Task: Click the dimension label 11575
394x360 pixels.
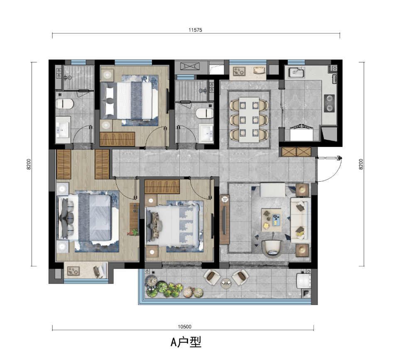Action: pos(195,30)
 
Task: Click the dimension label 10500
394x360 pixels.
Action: pos(184,326)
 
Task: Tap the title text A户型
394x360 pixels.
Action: pos(186,342)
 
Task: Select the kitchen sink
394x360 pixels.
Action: pos(296,72)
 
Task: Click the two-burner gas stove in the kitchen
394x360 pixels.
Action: pos(329,103)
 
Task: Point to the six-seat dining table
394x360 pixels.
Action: pos(249,119)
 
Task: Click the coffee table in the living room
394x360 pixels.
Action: pos(271,220)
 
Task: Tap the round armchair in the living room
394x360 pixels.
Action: pos(273,249)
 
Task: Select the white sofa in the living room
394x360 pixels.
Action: pos(300,220)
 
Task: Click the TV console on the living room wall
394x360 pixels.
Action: pos(224,220)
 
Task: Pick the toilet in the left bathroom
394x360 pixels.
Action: pos(65,104)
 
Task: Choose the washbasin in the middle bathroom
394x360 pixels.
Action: pos(206,132)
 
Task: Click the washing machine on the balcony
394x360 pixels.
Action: pos(303,282)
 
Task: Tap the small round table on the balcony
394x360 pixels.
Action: pos(226,283)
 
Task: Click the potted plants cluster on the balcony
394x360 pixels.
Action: pos(174,287)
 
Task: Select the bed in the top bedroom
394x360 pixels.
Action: pos(130,101)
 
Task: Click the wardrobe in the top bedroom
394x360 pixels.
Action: pos(117,139)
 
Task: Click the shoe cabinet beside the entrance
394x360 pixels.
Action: pos(296,152)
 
